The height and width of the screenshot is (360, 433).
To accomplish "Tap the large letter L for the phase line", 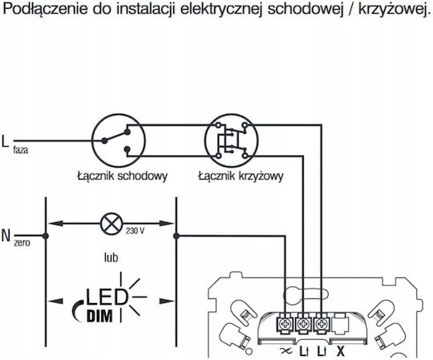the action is (5, 141).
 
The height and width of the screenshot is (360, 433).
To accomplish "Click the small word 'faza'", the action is (21, 150).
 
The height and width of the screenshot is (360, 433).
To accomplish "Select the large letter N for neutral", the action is (6, 236).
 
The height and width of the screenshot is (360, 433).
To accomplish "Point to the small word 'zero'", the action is (22, 243).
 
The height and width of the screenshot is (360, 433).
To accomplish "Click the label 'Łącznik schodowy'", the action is (123, 176).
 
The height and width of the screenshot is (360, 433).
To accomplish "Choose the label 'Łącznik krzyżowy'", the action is (241, 176).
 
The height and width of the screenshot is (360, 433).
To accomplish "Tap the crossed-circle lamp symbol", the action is (111, 224).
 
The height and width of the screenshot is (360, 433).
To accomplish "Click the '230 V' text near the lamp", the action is (135, 231).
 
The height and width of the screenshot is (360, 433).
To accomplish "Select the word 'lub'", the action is (111, 257).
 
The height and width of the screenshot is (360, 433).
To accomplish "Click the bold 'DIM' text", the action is (99, 316).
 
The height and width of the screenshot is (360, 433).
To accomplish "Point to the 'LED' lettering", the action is (107, 297).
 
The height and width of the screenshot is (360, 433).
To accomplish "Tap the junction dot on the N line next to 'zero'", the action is (46, 236).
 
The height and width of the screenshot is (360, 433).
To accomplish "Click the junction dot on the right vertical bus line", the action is (176, 236).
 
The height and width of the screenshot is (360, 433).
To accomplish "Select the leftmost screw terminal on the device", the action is (285, 324).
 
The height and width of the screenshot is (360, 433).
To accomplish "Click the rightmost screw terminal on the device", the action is (322, 324).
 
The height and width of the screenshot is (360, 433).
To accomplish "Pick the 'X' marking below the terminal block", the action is (341, 351).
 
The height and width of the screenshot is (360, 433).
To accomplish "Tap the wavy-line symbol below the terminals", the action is (285, 351).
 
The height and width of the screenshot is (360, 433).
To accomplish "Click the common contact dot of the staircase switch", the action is (104, 141).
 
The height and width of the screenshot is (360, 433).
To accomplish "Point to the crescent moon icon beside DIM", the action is (76, 311).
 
